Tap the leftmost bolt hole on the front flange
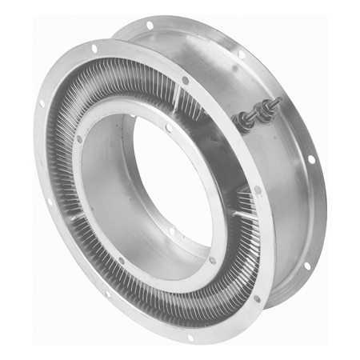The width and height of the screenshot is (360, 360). coord(40,103)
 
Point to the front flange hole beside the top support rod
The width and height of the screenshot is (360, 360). coord(186,80)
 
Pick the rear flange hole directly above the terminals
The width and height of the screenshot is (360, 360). coord(241,54)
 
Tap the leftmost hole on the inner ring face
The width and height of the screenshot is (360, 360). coord(79,138)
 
